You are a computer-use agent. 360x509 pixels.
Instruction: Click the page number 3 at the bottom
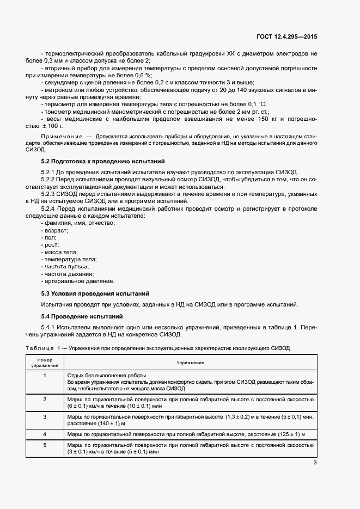click(315, 463)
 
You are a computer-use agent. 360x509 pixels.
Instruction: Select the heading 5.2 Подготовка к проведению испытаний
click(100, 162)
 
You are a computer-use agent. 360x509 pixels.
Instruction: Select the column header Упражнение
click(190, 362)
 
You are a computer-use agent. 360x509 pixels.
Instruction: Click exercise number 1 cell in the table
click(45, 376)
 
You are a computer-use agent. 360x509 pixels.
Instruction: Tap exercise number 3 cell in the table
click(45, 416)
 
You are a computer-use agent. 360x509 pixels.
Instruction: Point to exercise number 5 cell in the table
click(45, 445)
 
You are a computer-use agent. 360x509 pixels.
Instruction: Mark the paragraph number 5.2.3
click(51, 193)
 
